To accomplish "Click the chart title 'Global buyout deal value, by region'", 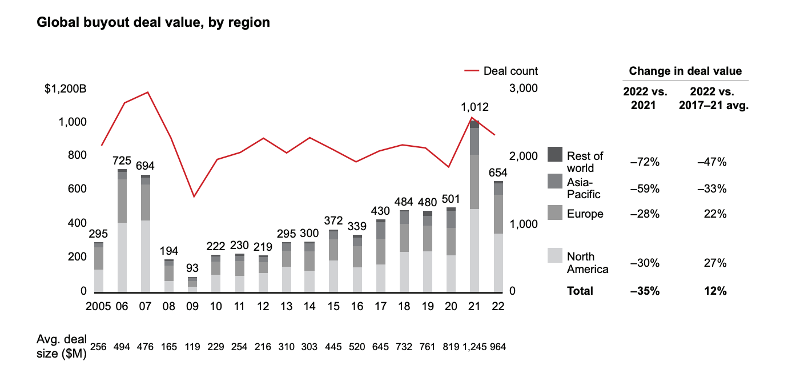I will (153, 23).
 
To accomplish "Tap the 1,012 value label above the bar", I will (475, 107).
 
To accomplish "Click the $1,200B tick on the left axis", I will (66, 89).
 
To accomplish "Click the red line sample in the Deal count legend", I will (471, 71).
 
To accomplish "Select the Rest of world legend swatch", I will (555, 154).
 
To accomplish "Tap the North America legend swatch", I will (555, 255).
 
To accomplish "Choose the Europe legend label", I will (585, 214).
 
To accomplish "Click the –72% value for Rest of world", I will (645, 163).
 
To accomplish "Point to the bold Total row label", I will (580, 291).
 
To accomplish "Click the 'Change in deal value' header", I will (685, 71).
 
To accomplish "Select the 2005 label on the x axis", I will (99, 307).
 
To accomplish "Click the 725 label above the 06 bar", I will (122, 161).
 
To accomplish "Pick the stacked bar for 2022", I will (498, 236).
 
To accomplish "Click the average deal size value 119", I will (192, 347).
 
